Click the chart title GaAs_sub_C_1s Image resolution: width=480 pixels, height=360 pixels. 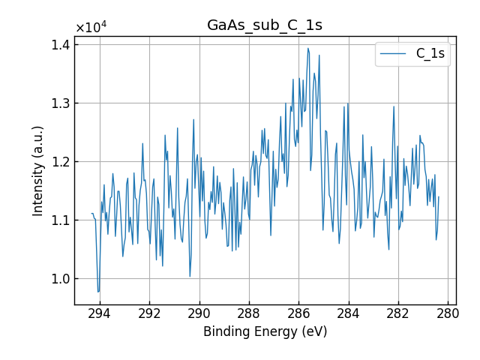[x=265, y=25]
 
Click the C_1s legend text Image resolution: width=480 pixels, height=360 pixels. [x=430, y=54]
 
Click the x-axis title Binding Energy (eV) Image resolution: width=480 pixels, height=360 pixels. [x=265, y=331]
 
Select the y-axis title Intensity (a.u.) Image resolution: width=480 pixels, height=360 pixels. [x=38, y=170]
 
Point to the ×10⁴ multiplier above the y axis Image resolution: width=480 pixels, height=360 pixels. [x=91, y=27]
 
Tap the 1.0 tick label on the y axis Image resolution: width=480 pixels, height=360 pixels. [x=60, y=279]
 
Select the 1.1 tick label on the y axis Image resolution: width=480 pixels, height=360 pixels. [x=60, y=220]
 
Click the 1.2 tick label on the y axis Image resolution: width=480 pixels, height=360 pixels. [x=60, y=162]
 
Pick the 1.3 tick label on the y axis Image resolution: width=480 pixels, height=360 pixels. [x=60, y=103]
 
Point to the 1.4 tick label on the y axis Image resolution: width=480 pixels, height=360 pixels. [x=60, y=45]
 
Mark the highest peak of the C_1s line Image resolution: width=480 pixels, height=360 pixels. [x=307, y=48]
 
